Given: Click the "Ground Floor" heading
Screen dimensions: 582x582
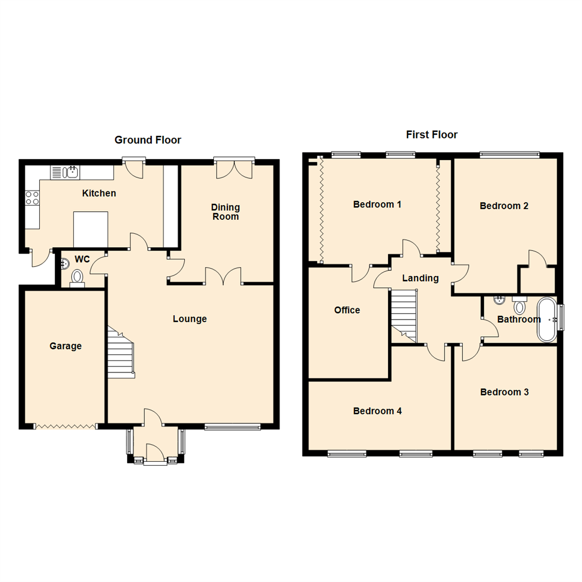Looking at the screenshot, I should pos(148,140).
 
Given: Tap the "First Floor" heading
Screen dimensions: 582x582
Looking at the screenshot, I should pos(432,135).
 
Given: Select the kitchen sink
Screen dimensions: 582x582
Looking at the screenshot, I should pos(71,172).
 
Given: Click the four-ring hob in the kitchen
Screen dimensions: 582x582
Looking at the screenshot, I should pos(32,198).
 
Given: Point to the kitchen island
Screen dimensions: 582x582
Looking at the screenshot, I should pos(91,229).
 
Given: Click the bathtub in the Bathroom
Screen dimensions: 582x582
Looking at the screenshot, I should pos(547,320).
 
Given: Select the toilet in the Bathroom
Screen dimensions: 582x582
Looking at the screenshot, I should pos(519,306).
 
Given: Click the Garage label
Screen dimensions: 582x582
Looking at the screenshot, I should pos(66,346).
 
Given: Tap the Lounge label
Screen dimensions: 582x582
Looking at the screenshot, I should pos(190,319).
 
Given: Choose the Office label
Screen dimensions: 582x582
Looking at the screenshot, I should pos(347,310).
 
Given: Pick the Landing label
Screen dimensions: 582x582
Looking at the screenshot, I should pos(420,279).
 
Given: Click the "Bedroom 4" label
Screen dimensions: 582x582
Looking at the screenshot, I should pos(377,411).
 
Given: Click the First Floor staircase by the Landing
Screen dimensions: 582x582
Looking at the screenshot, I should pos(404,316).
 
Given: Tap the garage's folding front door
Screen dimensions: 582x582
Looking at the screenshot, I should pos(65,426).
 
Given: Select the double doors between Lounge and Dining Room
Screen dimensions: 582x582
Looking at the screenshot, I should pos(223,276).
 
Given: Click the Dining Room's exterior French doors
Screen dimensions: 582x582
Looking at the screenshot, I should pos(234,168).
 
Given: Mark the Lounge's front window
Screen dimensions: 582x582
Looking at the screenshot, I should pos(233,428).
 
